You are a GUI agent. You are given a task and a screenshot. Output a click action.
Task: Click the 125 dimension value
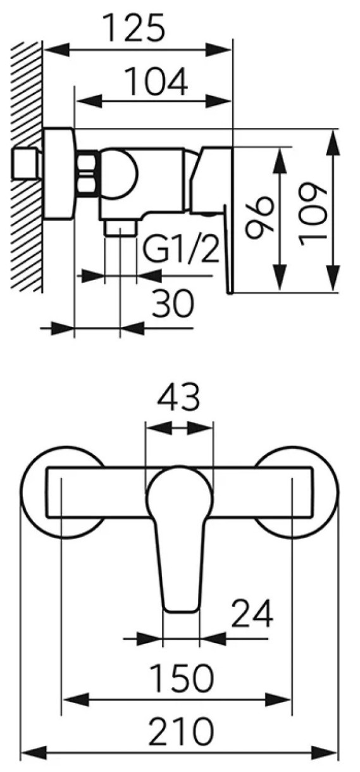tap(135, 28)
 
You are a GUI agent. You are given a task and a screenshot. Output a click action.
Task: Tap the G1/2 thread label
tap(180, 247)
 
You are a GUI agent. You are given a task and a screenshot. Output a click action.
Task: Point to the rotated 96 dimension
tap(259, 218)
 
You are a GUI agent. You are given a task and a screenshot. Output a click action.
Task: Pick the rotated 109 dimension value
tap(313, 215)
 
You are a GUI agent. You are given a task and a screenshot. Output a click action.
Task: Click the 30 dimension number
tap(173, 304)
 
